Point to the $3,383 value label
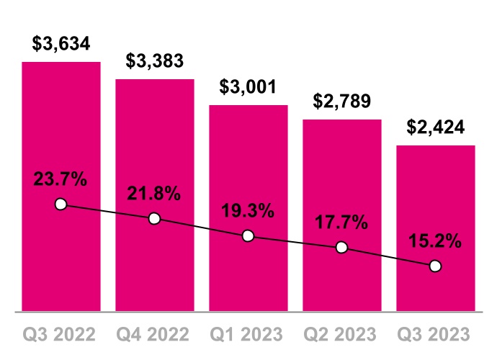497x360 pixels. (x=154, y=60)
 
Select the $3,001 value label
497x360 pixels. (x=248, y=87)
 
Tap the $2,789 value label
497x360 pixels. (x=341, y=102)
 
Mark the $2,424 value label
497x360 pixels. (x=435, y=127)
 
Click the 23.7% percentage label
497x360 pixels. (x=61, y=179)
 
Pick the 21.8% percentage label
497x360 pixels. (x=154, y=194)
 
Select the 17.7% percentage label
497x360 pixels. (x=341, y=222)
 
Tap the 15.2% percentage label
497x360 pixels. (x=435, y=241)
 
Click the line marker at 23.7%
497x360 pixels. (x=61, y=204)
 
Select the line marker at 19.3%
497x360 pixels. (x=248, y=235)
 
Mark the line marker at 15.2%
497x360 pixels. (x=435, y=266)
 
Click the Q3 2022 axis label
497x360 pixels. (x=61, y=335)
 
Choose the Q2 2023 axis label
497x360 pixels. (x=341, y=335)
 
